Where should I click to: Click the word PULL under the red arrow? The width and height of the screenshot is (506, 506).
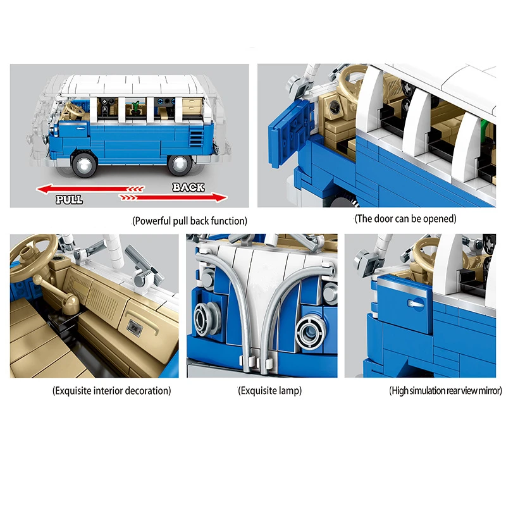coord(69,199)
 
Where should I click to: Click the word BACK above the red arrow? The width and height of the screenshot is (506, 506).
coord(188,187)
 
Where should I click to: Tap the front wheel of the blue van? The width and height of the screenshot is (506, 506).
coord(85,164)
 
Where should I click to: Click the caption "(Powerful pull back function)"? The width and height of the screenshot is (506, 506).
coord(190,221)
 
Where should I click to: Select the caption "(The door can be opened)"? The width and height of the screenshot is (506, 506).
coord(405,219)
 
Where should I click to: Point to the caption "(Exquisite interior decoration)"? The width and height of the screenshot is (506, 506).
coord(112,391)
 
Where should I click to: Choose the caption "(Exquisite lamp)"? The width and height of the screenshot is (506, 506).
coord(270,391)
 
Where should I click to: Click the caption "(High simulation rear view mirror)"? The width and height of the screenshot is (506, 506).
coord(446,391)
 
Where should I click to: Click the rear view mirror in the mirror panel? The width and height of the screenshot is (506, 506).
coord(366,261)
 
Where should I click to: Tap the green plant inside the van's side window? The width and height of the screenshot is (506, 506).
coord(135,107)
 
